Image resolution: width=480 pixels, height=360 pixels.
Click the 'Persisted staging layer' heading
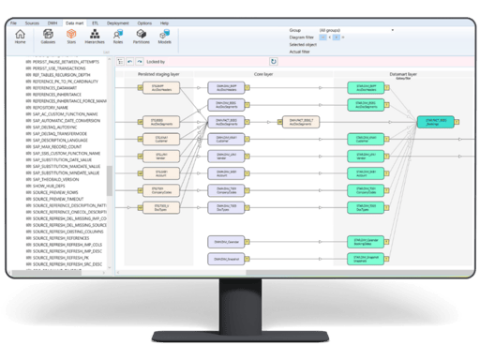[160, 72]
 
